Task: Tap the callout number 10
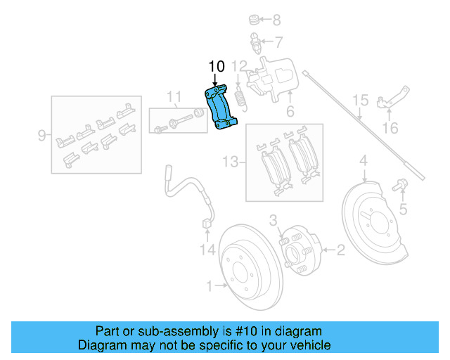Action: (x=217, y=67)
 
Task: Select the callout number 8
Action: (x=276, y=20)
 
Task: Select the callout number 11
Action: (x=174, y=96)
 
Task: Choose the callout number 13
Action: (x=230, y=162)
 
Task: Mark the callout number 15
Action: (x=360, y=101)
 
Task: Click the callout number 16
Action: (x=390, y=128)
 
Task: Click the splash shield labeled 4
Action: (x=369, y=211)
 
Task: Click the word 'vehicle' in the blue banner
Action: (x=307, y=345)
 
